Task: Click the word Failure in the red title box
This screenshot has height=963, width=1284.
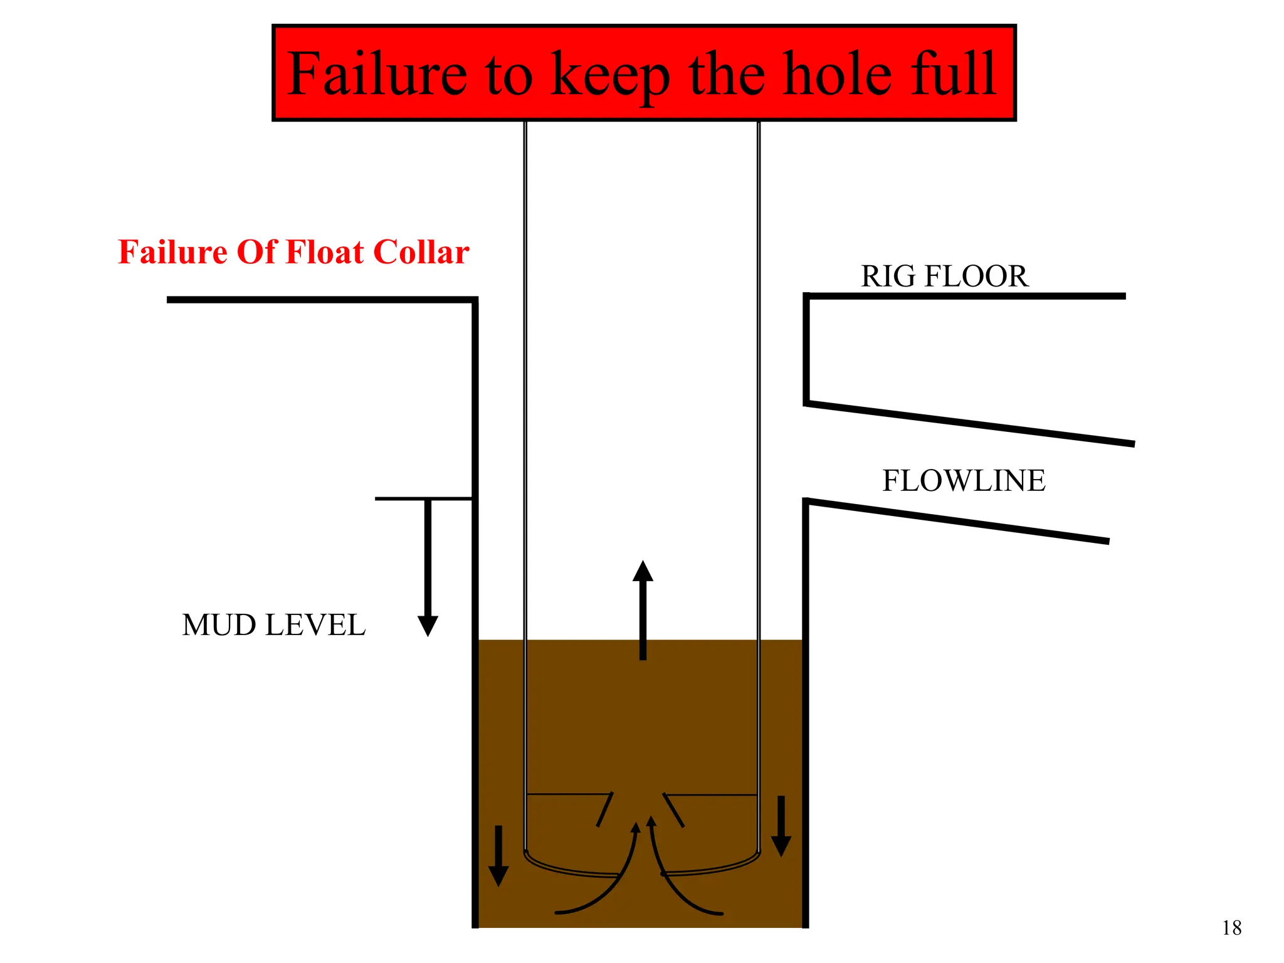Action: tap(377, 74)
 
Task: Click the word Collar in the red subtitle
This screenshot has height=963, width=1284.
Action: tap(421, 252)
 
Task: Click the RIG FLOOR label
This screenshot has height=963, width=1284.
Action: tap(944, 276)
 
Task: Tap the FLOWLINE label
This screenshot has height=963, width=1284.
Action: tap(964, 481)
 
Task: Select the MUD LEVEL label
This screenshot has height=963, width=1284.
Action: tap(273, 625)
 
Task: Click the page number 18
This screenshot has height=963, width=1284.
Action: tap(1231, 928)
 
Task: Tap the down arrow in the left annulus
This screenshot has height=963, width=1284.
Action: tap(498, 856)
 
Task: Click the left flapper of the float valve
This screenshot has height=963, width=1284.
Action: tap(604, 809)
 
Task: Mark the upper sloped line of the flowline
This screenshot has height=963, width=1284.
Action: tap(969, 424)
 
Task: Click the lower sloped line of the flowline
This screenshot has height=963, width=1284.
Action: tap(956, 520)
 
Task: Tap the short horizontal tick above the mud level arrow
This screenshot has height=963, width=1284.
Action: tap(423, 498)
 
